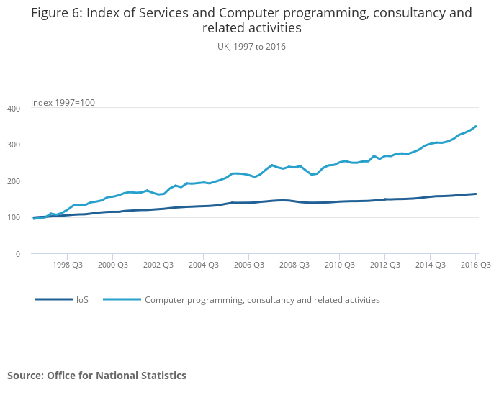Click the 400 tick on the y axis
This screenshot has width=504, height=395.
tap(13, 109)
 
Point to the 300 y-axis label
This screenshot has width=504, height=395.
tap(13, 145)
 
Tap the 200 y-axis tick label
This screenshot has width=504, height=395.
tap(13, 181)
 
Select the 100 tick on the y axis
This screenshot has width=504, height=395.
tap(13, 217)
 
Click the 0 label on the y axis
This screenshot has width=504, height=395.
tap(17, 254)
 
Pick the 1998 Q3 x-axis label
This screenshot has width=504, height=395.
tap(67, 265)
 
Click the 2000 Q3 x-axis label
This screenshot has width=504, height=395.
tap(112, 265)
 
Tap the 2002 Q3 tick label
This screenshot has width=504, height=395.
tap(158, 265)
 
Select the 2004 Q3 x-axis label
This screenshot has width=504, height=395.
tap(203, 265)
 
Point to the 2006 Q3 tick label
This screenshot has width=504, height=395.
tap(248, 265)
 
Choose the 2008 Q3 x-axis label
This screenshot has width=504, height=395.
tap(294, 265)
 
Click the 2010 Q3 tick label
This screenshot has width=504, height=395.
tap(339, 265)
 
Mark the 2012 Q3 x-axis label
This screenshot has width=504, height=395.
tap(384, 265)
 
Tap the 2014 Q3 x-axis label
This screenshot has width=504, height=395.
tap(430, 265)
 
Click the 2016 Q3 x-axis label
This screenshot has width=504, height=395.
tap(475, 265)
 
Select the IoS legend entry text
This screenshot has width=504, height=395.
tap(82, 299)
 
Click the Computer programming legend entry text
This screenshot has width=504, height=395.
tap(262, 299)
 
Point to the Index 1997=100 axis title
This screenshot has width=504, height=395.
tap(63, 103)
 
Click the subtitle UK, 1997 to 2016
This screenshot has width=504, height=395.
tap(252, 46)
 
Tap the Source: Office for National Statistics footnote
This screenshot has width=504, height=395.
tap(96, 376)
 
